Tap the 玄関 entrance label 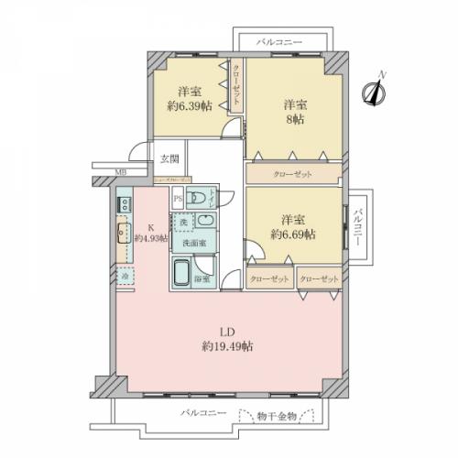click(170, 158)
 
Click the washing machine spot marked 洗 click(182, 223)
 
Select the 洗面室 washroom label click(191, 243)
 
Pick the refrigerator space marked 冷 click(125, 274)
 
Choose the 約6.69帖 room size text click(292, 234)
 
